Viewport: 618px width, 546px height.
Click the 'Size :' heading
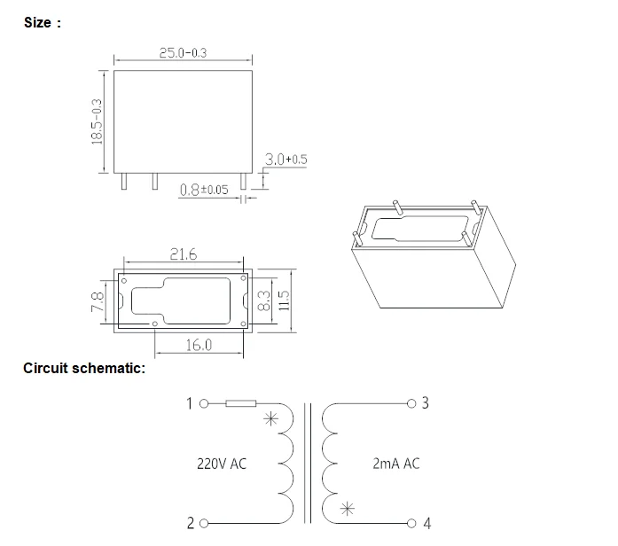(x=43, y=23)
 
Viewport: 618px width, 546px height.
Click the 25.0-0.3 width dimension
(x=183, y=53)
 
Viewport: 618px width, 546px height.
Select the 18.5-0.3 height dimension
(x=98, y=123)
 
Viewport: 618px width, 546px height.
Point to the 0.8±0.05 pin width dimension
(x=203, y=190)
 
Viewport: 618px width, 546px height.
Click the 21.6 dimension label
(x=184, y=255)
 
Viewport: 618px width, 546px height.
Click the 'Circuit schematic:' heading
(x=84, y=368)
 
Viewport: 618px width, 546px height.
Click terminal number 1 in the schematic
(x=189, y=403)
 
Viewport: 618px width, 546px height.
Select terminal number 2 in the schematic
(x=190, y=523)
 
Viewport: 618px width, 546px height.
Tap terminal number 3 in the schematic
(x=426, y=403)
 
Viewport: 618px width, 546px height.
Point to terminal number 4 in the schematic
(x=426, y=523)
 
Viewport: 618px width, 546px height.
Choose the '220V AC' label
(x=222, y=463)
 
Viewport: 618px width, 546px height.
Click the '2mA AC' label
(x=397, y=463)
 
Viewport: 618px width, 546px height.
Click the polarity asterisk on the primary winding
(x=271, y=420)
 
